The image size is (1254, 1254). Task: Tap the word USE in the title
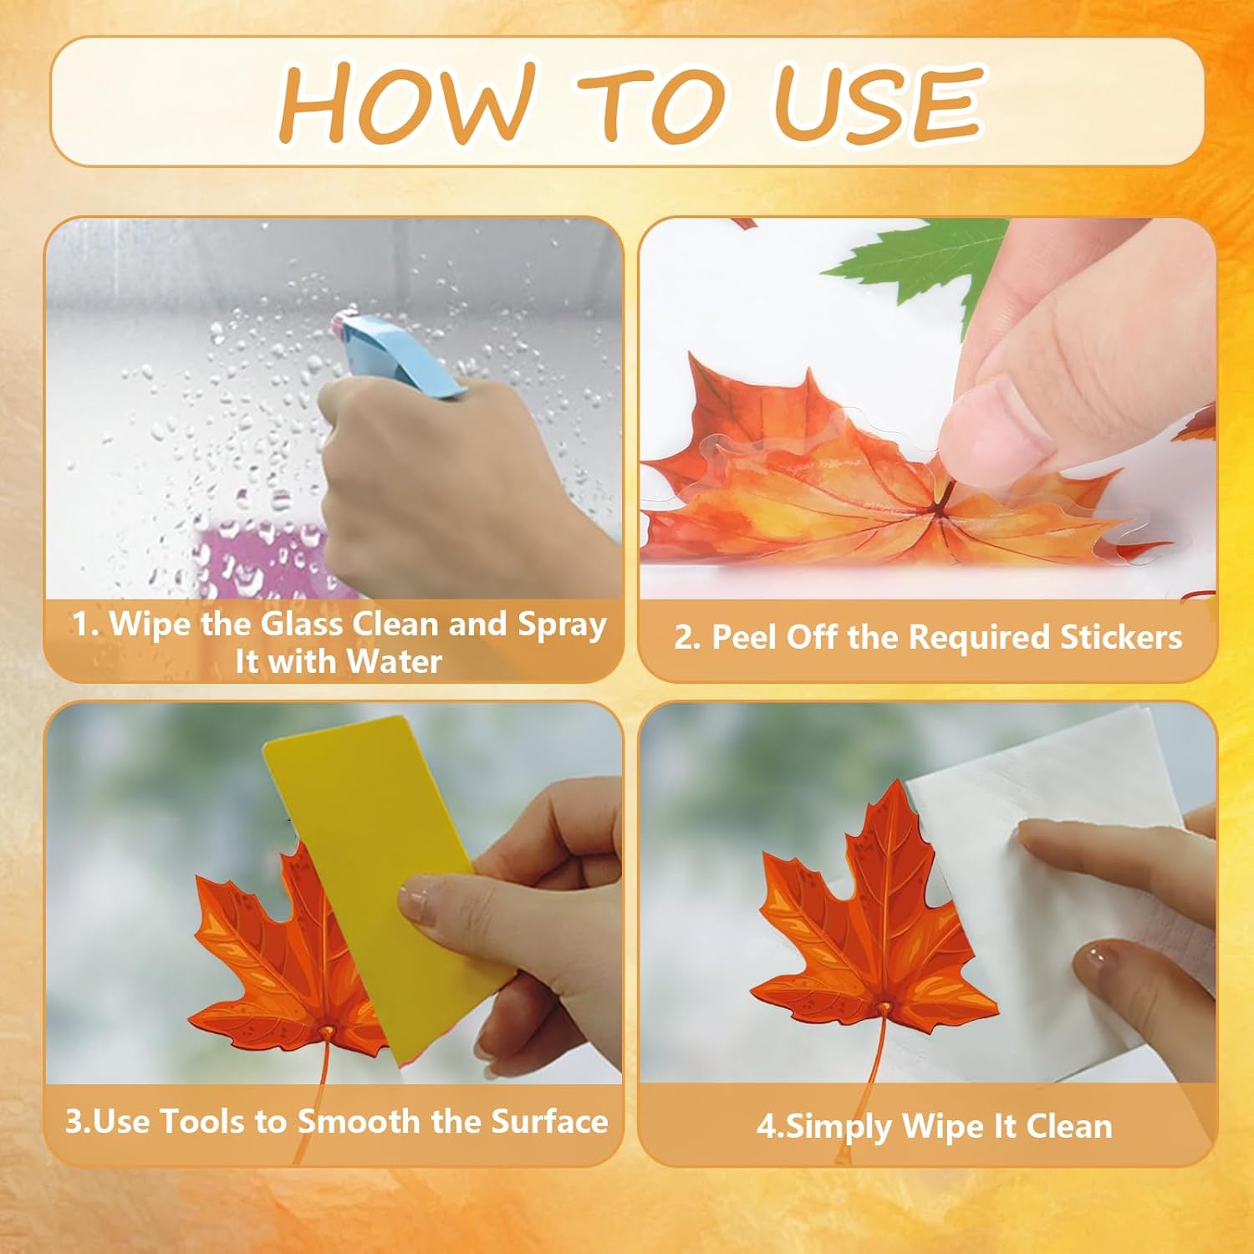(x=877, y=102)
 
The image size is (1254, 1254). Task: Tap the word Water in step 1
(x=394, y=662)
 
